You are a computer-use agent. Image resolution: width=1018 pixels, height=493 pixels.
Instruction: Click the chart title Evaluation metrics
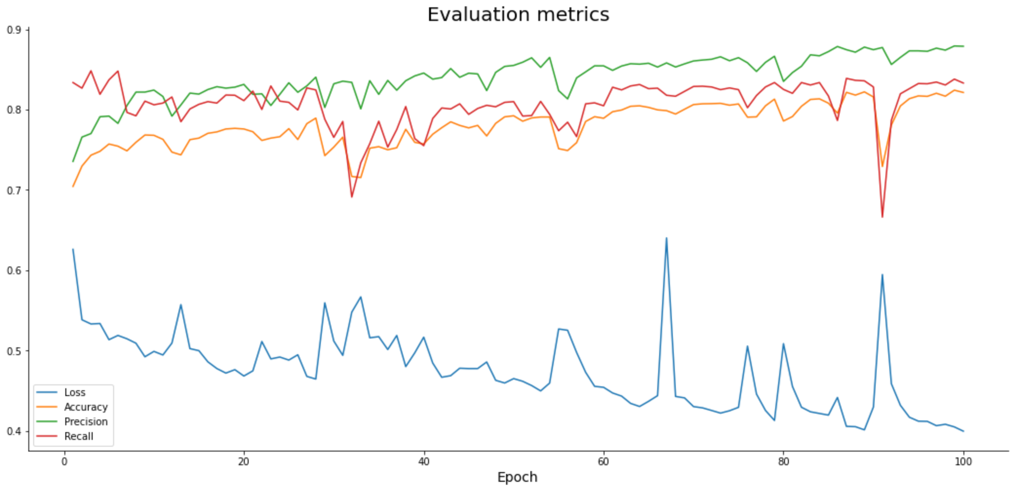518,15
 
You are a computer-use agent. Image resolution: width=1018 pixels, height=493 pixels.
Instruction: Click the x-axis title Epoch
517,477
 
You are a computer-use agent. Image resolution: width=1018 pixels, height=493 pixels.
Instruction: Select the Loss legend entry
74,393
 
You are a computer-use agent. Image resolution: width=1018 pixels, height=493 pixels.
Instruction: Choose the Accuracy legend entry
85,407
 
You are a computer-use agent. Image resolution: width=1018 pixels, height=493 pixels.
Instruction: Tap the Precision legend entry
85,422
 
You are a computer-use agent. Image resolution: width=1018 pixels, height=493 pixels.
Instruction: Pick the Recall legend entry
78,436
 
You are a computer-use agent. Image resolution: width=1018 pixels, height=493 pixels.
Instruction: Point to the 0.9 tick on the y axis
14,30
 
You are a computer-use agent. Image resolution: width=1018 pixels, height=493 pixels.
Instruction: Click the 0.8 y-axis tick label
14,110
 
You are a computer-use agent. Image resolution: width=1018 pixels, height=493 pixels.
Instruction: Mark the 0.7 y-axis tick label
14,190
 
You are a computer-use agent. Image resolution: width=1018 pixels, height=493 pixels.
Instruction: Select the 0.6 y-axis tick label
14,271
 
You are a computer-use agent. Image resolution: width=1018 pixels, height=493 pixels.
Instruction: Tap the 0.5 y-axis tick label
14,351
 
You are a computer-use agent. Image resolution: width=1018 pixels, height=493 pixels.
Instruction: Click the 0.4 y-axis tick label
14,432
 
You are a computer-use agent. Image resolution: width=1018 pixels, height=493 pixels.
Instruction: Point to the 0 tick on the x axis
64,462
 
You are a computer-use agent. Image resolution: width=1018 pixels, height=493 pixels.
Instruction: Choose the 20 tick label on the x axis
244,462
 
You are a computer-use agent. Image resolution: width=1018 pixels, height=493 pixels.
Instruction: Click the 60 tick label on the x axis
604,462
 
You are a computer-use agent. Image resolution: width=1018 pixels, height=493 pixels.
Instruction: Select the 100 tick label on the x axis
963,462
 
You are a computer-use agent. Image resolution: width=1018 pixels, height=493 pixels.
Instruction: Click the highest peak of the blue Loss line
666,238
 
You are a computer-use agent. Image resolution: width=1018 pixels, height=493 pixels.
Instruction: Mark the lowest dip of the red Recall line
882,217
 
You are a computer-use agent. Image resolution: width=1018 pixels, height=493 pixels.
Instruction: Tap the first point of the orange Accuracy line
73,187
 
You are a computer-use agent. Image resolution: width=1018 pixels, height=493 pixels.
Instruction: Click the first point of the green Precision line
73,161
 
